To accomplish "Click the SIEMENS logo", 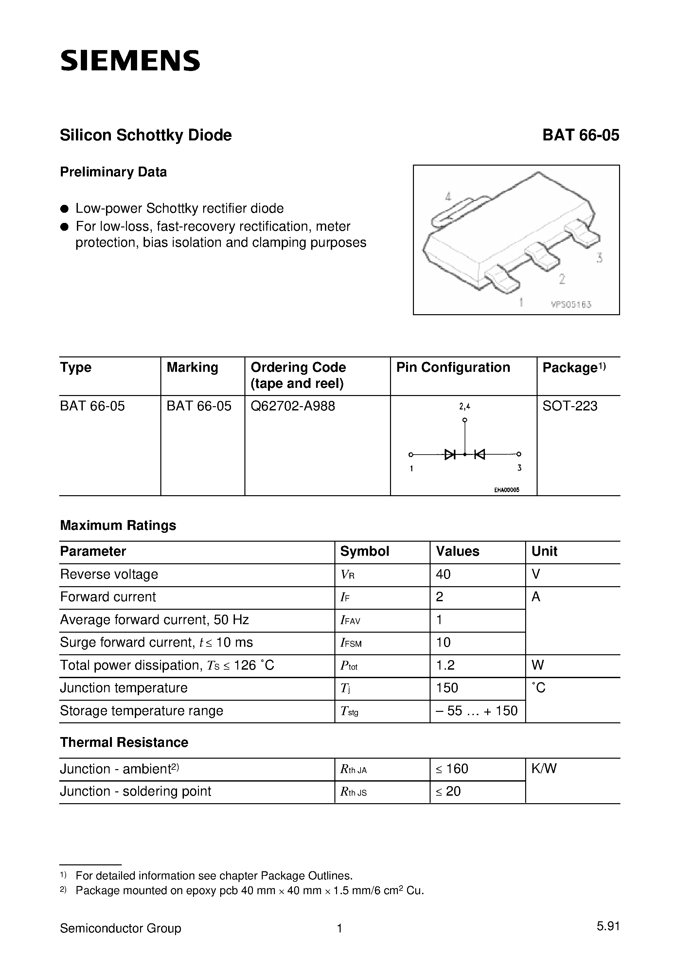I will (x=130, y=61).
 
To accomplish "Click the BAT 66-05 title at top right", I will (x=580, y=135).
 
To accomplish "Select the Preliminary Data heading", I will (x=113, y=172).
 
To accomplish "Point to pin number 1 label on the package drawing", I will (x=521, y=302).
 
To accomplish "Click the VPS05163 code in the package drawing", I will (x=571, y=305).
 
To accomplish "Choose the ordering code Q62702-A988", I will (x=293, y=406).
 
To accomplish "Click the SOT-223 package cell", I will (x=570, y=406).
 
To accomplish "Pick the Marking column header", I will (x=192, y=368).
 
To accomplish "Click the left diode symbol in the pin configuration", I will (x=450, y=454).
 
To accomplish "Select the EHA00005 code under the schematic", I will (x=507, y=490).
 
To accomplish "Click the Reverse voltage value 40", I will (x=443, y=574).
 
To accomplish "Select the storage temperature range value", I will (x=476, y=711).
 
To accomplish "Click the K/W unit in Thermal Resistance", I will (x=544, y=768).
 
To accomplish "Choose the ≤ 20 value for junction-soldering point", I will (x=449, y=791).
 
